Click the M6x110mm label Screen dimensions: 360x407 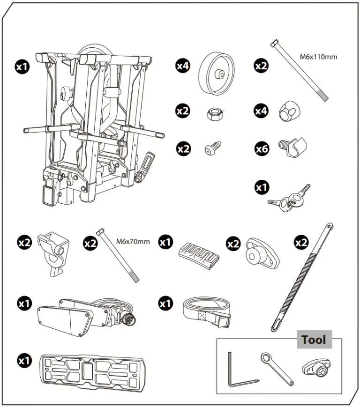click(x=318, y=57)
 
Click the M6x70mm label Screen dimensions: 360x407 click(x=133, y=242)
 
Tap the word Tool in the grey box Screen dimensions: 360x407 click(x=314, y=340)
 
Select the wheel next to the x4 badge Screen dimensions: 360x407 click(x=217, y=74)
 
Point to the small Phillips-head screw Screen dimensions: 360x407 click(x=213, y=148)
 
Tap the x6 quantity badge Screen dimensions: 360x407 click(x=262, y=149)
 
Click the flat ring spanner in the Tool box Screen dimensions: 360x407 click(x=277, y=369)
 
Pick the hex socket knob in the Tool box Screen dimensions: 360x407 click(x=316, y=368)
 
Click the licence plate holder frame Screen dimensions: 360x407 click(x=93, y=373)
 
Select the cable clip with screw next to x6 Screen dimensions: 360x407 click(x=292, y=147)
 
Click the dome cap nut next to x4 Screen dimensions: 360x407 click(x=289, y=111)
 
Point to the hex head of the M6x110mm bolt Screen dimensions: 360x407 click(x=274, y=43)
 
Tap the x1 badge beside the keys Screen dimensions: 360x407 click(x=262, y=187)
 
